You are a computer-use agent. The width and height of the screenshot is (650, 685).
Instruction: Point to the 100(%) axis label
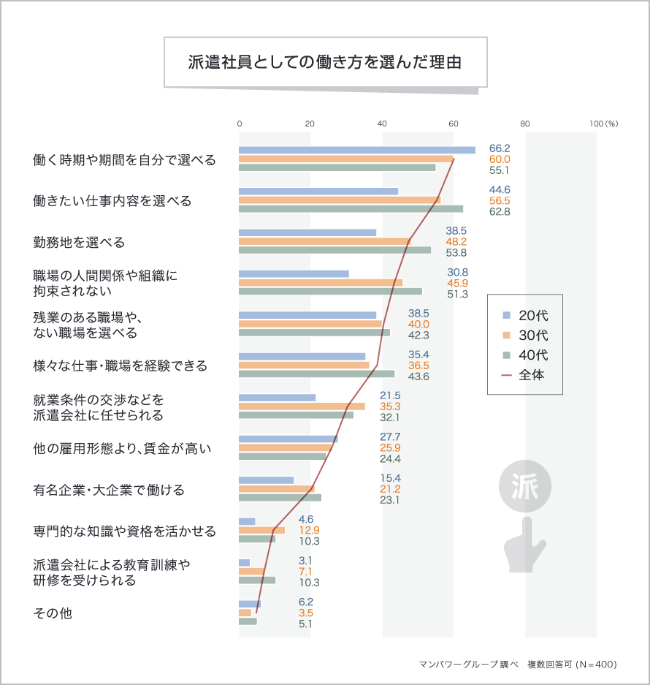(x=603, y=124)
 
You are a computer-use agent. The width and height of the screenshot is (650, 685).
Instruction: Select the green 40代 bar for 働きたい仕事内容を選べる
(x=351, y=209)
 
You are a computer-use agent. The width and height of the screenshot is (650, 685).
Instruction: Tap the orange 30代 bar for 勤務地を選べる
(x=324, y=241)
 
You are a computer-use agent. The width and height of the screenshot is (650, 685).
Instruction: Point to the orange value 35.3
(x=390, y=406)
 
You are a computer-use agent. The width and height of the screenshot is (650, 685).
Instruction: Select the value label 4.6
(x=306, y=519)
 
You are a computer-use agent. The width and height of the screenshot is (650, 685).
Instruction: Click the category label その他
(x=53, y=613)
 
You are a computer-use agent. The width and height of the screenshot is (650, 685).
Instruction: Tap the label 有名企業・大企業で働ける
(x=109, y=490)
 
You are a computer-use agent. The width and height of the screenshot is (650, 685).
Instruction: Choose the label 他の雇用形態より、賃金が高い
(x=122, y=448)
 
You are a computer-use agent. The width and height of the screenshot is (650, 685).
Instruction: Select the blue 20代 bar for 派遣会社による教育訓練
(x=244, y=562)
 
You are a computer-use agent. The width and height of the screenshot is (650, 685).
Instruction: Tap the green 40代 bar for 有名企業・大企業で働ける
(x=280, y=498)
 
